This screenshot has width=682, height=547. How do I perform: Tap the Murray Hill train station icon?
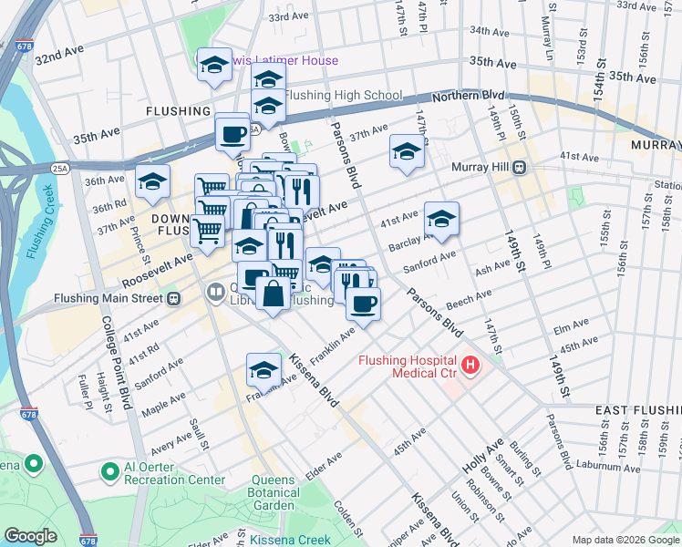click(x=520, y=167)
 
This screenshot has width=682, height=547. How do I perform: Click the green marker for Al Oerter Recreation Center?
click(x=110, y=471)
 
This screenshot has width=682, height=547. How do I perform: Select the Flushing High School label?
click(x=343, y=95)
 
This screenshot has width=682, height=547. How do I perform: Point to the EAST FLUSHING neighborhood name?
click(x=637, y=411)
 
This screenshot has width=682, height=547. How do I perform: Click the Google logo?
click(x=31, y=536)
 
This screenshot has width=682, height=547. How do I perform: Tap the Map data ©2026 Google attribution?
click(x=625, y=540)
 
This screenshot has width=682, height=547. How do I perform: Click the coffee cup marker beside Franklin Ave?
click(x=364, y=304)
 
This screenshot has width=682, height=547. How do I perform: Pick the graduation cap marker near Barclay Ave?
click(x=441, y=219)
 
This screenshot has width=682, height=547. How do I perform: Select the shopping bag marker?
click(x=274, y=294)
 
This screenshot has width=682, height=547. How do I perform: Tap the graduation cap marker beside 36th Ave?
click(x=153, y=181)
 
